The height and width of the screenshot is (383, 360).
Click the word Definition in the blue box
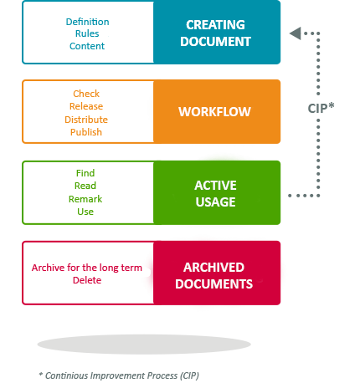click(87, 22)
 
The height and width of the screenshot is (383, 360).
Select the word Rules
click(87, 33)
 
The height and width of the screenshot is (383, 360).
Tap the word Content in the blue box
click(87, 46)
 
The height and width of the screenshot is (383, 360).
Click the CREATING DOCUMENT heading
click(215, 33)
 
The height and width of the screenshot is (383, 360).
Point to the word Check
click(86, 94)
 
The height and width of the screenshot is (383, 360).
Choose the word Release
click(86, 106)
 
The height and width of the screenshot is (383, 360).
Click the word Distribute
click(86, 120)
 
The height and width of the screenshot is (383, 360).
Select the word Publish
click(86, 132)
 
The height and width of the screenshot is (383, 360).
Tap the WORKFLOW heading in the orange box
click(214, 112)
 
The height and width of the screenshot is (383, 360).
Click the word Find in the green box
click(85, 173)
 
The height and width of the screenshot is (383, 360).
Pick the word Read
click(85, 186)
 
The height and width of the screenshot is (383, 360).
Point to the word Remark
click(85, 199)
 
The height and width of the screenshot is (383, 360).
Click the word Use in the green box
click(85, 212)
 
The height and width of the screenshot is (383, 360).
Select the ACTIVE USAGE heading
click(215, 193)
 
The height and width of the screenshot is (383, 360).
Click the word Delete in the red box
click(87, 280)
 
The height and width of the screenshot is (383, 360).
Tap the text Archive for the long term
click(87, 268)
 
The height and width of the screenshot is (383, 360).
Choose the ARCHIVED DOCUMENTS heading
click(214, 276)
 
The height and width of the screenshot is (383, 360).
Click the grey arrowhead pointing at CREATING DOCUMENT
click(296, 33)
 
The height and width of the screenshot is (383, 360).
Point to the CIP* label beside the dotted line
click(321, 108)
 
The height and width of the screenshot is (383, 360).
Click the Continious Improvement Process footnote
click(119, 375)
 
